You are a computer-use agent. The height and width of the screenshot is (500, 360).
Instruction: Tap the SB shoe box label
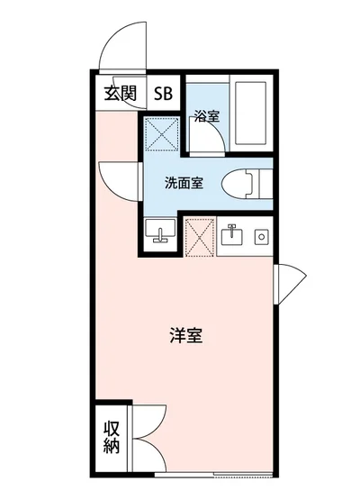click(164, 93)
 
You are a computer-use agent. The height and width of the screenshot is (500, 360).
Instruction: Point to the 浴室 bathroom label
click(207, 115)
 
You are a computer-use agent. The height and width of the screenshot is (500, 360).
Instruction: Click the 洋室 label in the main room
click(184, 336)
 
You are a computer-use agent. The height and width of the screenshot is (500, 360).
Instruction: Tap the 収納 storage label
click(111, 437)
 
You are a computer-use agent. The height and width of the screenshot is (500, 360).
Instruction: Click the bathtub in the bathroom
click(253, 116)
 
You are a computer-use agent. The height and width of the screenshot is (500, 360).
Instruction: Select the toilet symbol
click(241, 183)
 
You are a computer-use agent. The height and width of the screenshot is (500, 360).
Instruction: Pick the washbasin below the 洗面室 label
click(160, 233)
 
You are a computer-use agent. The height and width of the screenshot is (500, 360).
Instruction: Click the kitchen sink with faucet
click(231, 236)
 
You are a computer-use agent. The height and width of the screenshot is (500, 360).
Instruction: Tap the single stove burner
click(261, 237)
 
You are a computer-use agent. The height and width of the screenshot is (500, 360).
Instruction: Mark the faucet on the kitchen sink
click(231, 229)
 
